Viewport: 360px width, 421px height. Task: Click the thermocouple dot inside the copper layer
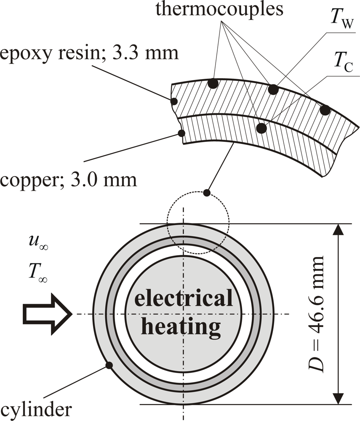click(x=261, y=128)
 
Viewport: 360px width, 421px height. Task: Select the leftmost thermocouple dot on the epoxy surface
click(x=213, y=83)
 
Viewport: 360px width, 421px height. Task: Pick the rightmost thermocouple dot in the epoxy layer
click(x=325, y=110)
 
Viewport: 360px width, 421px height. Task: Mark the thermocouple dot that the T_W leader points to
click(x=274, y=89)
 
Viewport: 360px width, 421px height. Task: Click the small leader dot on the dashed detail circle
click(x=206, y=193)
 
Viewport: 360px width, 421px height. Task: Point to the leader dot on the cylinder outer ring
click(x=109, y=365)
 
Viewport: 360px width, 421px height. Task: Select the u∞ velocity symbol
click(x=37, y=245)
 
